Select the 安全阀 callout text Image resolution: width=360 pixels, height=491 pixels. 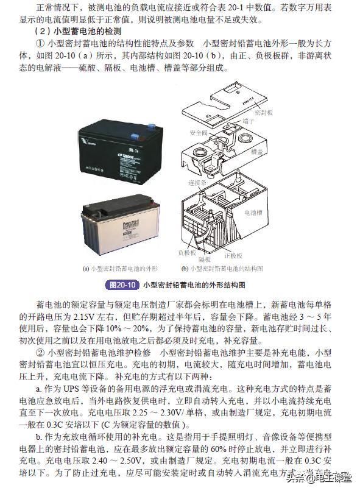[x=199, y=133]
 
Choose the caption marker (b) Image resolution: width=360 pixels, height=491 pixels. [x=185, y=267]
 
